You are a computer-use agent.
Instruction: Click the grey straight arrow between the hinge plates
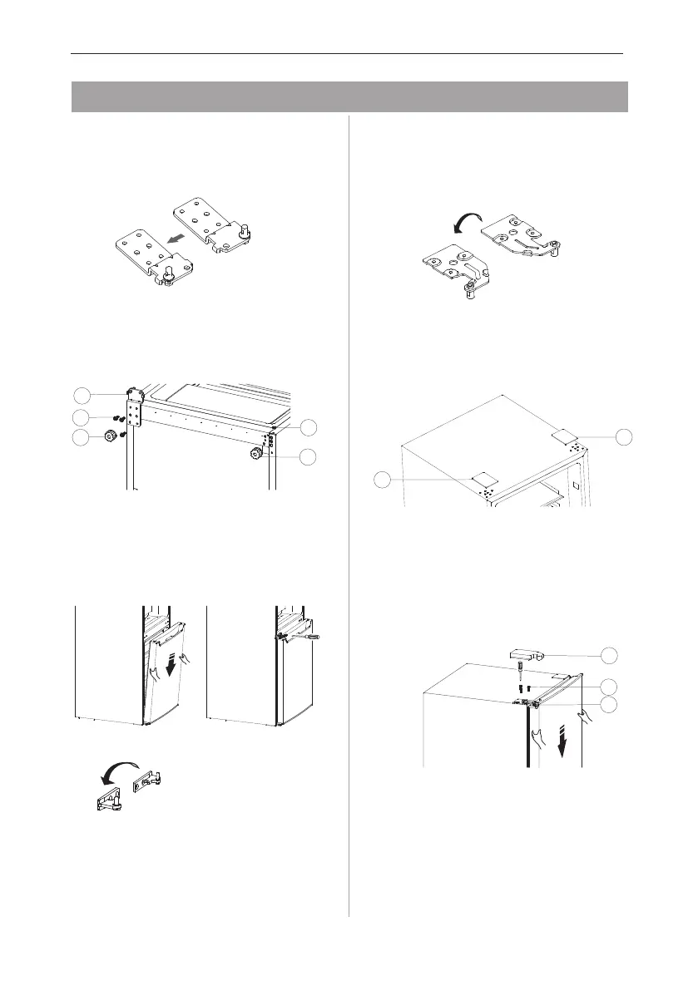[x=176, y=239]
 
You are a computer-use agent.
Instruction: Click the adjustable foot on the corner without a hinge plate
[x=254, y=455]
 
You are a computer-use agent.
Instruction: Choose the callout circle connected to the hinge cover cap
[x=611, y=656]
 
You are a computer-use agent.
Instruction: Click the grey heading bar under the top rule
[x=349, y=96]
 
